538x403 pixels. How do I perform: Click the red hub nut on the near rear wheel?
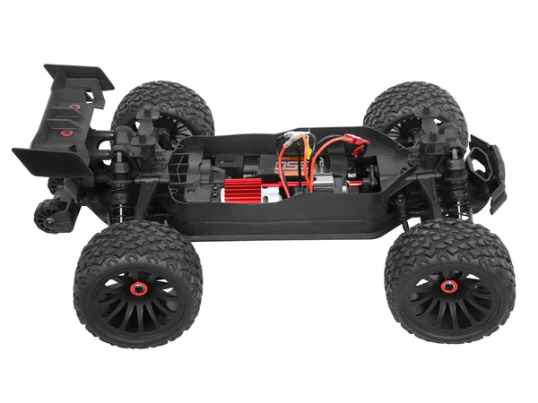click(x=140, y=288)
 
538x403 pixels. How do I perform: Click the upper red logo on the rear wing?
click(x=75, y=107)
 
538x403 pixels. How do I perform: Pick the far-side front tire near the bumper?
click(x=412, y=103)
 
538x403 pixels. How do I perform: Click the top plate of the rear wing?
click(x=79, y=76)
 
